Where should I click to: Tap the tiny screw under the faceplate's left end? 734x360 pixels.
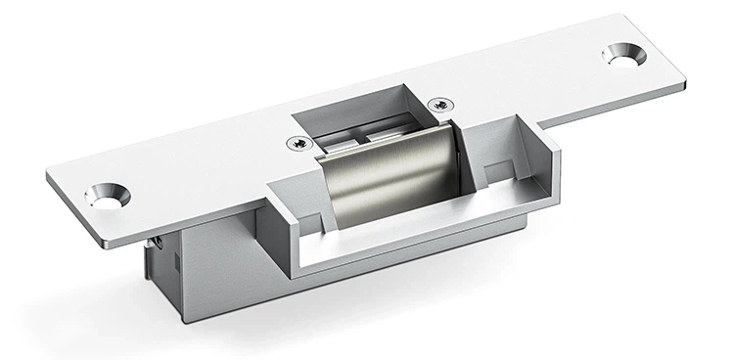coord(155,239)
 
